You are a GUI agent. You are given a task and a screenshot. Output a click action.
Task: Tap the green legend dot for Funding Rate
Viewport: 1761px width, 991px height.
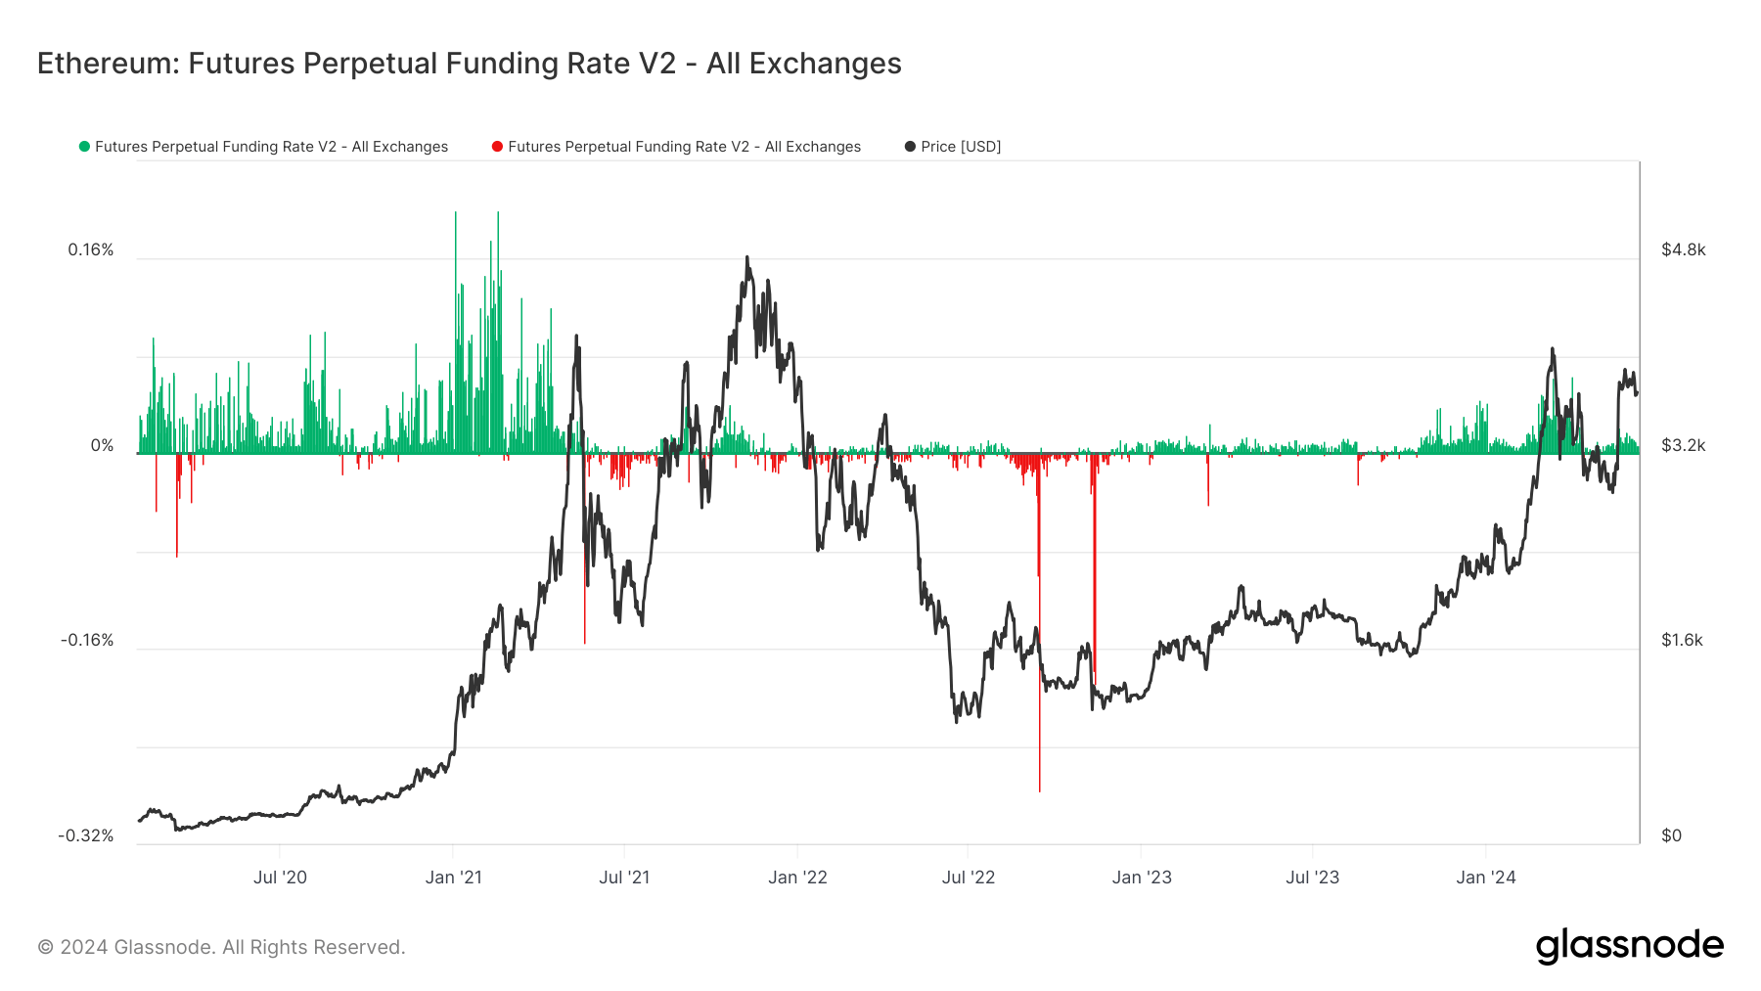(x=84, y=147)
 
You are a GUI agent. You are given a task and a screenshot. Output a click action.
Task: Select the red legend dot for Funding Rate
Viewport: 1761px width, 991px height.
(x=497, y=147)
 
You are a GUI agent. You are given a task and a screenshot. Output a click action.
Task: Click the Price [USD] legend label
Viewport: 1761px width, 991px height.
(x=961, y=147)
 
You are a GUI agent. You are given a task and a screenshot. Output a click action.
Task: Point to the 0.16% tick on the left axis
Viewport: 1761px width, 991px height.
(x=91, y=250)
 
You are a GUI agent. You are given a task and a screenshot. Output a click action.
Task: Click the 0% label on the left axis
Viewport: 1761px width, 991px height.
(x=103, y=446)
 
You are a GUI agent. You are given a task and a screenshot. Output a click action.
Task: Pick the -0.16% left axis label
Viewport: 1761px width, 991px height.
(x=87, y=641)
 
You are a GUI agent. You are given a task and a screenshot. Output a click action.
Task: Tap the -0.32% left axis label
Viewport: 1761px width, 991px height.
(x=86, y=835)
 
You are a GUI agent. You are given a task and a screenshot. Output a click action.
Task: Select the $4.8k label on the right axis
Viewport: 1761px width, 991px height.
(x=1683, y=250)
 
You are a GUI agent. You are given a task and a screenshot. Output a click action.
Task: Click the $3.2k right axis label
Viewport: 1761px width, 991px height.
(x=1683, y=446)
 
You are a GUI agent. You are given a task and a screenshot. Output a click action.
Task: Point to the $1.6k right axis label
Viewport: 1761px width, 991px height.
(x=1682, y=641)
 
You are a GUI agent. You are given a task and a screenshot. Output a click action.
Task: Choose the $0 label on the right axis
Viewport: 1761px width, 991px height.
(x=1672, y=835)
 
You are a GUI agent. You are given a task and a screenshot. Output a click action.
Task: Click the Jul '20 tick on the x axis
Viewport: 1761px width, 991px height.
(x=280, y=878)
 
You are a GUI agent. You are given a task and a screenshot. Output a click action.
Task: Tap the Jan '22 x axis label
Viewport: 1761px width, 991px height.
(x=797, y=878)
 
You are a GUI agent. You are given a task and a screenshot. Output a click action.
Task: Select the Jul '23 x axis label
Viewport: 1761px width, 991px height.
(x=1312, y=878)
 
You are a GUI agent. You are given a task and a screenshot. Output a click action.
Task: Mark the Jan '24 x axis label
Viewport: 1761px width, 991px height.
(x=1485, y=878)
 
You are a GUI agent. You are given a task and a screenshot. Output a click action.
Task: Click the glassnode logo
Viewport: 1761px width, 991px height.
(x=1629, y=946)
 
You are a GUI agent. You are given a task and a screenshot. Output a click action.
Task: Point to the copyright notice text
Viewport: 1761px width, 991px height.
(x=221, y=947)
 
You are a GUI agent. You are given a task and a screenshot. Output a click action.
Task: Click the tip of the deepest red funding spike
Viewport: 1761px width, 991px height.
(x=1039, y=790)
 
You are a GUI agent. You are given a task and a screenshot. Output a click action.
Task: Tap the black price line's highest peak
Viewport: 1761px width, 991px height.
(x=747, y=257)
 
